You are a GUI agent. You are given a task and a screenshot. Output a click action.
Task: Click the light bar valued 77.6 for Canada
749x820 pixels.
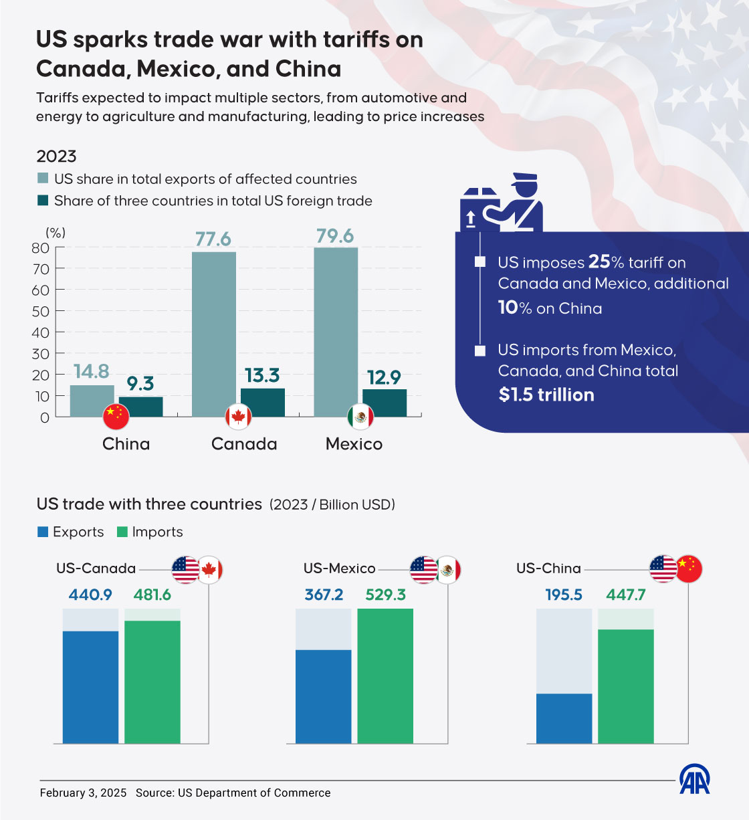(x=213, y=334)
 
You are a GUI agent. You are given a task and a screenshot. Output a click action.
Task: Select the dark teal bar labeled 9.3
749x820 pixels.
(x=140, y=407)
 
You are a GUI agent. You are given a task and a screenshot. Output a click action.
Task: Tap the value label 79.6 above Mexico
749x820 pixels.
(x=335, y=236)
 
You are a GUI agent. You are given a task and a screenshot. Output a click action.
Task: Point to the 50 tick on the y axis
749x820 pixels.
(x=41, y=312)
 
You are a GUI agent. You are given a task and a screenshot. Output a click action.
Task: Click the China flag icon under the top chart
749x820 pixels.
(x=116, y=417)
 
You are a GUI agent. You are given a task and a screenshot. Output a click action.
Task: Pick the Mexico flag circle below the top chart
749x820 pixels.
(x=360, y=417)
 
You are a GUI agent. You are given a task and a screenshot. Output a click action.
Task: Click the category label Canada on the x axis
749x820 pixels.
(x=244, y=444)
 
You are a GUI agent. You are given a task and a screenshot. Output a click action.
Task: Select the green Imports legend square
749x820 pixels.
(x=122, y=532)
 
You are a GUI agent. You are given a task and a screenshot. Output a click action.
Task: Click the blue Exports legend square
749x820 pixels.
(x=43, y=532)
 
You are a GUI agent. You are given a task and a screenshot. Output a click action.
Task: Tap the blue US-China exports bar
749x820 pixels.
(x=564, y=718)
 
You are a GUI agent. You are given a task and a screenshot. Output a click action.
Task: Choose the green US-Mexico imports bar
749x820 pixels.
(x=385, y=676)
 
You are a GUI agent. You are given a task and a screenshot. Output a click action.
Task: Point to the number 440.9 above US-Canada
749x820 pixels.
(x=90, y=595)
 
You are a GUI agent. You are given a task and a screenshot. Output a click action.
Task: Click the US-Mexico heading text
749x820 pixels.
(x=339, y=569)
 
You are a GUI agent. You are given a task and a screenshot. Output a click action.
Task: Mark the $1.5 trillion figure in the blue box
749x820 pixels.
(x=546, y=395)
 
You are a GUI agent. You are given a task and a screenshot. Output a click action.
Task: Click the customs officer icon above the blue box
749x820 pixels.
(x=502, y=204)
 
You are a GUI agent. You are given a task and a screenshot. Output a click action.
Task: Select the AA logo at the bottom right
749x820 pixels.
(x=694, y=779)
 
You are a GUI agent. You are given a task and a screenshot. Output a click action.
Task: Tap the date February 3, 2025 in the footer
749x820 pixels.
(x=83, y=793)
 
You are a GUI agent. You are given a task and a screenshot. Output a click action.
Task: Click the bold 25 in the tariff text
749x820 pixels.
(x=599, y=262)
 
